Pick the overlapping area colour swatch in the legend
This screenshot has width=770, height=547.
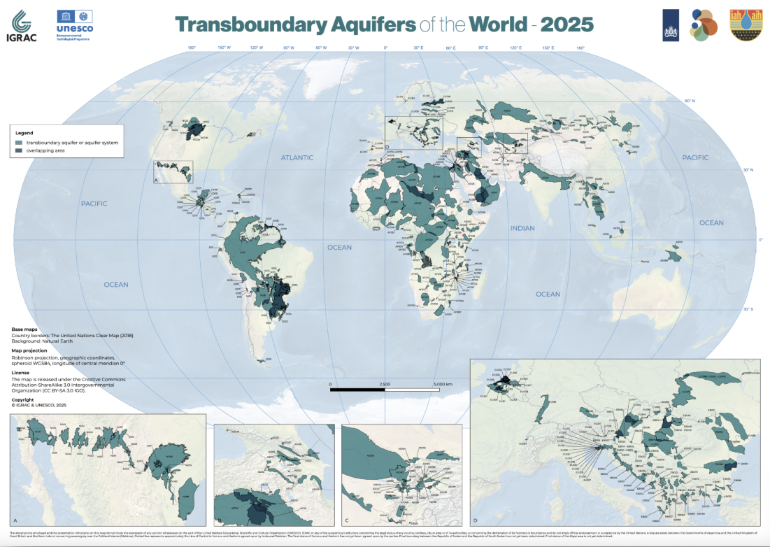(20, 150)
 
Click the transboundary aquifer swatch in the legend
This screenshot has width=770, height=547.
(20, 142)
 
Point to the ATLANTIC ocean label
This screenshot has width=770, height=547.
(297, 157)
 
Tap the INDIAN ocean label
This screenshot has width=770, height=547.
(522, 228)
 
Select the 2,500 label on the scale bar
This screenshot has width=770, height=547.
(385, 384)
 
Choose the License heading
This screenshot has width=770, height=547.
(21, 373)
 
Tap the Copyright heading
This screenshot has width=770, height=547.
(24, 400)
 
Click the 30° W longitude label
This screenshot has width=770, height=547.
(354, 48)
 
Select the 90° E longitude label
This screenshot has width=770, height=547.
(483, 48)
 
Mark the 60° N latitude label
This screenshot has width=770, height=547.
(689, 101)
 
